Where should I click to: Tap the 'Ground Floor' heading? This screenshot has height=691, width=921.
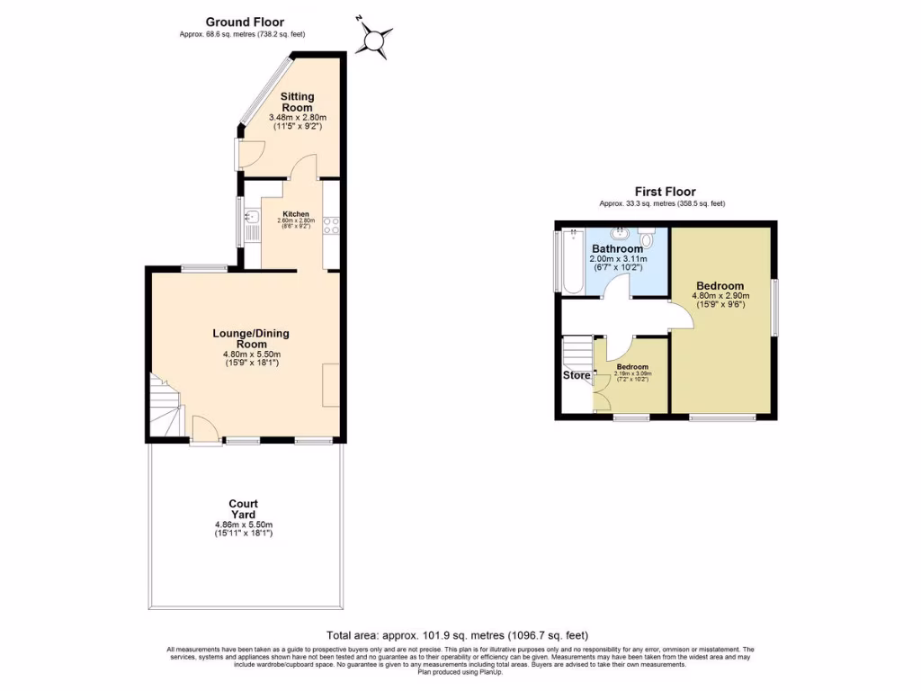pyautogui.click(x=245, y=22)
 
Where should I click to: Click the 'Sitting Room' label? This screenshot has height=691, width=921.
pyautogui.click(x=297, y=102)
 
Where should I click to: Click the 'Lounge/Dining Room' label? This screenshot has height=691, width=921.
pyautogui.click(x=250, y=339)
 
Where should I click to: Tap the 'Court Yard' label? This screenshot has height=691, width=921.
pyautogui.click(x=243, y=510)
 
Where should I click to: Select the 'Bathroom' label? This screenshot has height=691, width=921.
pyautogui.click(x=616, y=249)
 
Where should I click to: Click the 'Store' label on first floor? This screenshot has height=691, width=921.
pyautogui.click(x=577, y=375)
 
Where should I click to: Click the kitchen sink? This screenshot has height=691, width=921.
pyautogui.click(x=251, y=215)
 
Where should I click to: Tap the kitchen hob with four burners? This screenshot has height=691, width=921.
pyautogui.click(x=330, y=225)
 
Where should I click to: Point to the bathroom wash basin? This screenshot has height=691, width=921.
pyautogui.click(x=624, y=232)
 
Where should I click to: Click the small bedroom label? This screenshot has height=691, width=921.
pyautogui.click(x=632, y=367)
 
